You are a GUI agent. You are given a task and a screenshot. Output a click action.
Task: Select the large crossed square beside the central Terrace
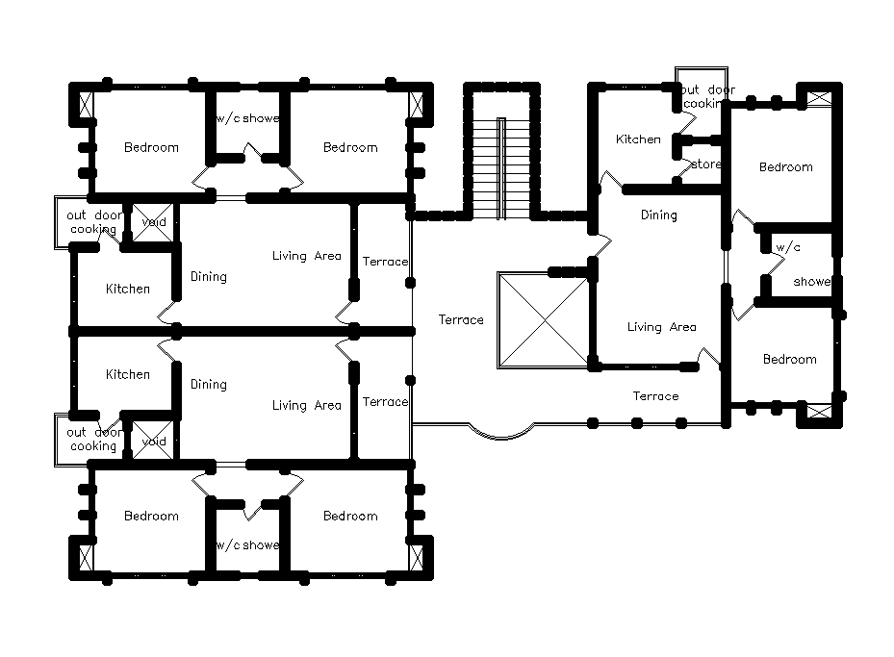[x=543, y=319]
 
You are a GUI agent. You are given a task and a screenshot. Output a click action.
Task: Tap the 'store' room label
[x=705, y=164]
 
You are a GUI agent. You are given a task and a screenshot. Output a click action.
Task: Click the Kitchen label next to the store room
[x=638, y=139]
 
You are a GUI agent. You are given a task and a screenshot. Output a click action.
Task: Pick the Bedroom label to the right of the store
[x=785, y=167]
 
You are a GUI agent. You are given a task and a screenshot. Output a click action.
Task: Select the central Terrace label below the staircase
[x=461, y=320]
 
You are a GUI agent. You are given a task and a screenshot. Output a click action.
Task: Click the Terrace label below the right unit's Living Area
[x=655, y=396]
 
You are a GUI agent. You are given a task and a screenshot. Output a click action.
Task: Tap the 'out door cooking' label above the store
[x=707, y=96]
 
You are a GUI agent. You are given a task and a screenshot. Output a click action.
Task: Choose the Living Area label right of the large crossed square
[x=661, y=327]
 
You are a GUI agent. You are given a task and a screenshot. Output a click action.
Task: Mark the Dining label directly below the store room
[x=658, y=215]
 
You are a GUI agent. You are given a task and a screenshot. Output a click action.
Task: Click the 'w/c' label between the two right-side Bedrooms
[x=787, y=247]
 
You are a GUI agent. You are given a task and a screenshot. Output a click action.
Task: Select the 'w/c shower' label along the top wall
[x=246, y=118]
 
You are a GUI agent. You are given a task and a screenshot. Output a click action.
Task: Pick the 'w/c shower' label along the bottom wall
[x=246, y=545]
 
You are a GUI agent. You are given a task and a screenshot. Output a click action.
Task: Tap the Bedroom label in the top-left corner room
[x=151, y=147]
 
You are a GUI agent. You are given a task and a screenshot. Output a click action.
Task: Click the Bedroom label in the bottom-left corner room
[x=151, y=517]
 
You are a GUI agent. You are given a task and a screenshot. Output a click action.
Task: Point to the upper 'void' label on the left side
[x=153, y=222]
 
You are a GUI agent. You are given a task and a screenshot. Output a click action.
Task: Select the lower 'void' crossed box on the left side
[x=150, y=441]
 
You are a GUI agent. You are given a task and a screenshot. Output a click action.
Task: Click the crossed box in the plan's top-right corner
[x=818, y=98]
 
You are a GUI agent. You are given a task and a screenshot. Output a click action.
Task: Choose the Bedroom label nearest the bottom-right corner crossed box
[x=789, y=360]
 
